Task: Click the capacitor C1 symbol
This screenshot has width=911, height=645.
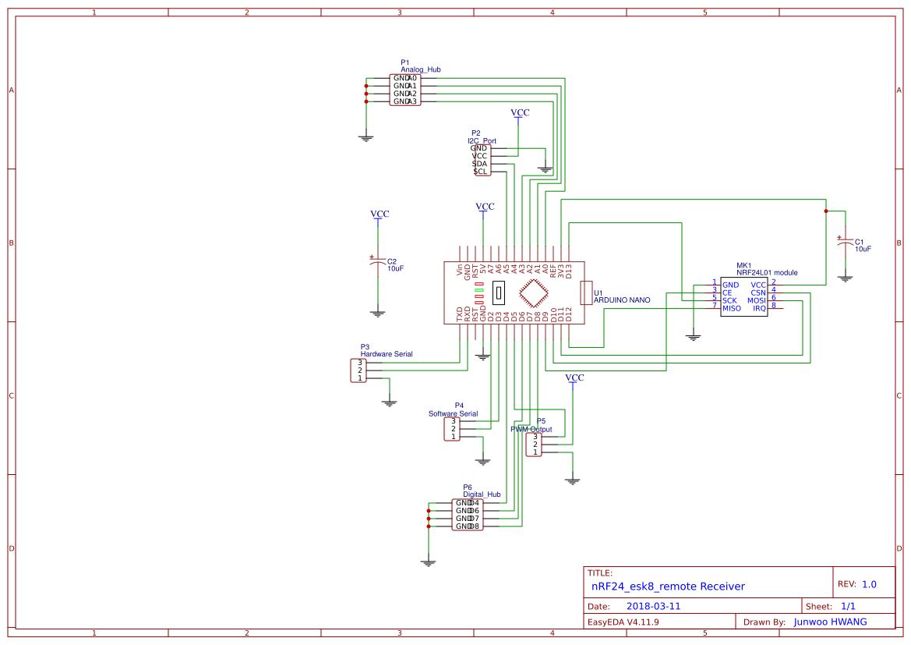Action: (845, 243)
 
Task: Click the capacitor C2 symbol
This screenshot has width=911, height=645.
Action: (378, 263)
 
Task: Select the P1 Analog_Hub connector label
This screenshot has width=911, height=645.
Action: (421, 69)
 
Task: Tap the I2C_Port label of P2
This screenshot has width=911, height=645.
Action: (482, 141)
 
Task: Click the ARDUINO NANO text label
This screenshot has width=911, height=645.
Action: (622, 299)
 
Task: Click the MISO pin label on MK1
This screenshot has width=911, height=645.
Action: (732, 308)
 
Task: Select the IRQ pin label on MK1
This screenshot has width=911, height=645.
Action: (759, 308)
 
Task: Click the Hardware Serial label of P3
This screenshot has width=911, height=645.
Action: (387, 354)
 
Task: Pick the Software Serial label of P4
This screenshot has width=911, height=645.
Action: (453, 413)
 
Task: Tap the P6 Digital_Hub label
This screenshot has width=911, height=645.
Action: (481, 494)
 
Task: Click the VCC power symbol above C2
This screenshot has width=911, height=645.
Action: (379, 214)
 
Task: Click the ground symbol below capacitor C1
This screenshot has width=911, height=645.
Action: (845, 278)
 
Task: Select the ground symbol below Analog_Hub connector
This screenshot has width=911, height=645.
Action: (366, 138)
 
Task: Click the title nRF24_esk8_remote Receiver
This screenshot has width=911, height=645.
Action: (668, 587)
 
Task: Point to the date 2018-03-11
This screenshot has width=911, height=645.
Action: (654, 606)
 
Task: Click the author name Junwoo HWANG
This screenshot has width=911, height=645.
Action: (831, 622)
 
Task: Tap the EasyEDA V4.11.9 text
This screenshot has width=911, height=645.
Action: (623, 622)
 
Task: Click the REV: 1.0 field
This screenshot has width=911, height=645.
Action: (857, 584)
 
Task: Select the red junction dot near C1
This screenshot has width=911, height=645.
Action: (826, 211)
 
